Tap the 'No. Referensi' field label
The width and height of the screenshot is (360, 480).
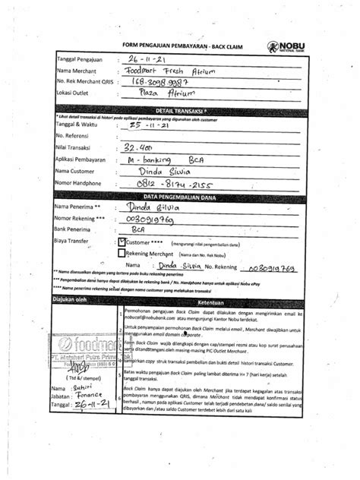click(x=75, y=137)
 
